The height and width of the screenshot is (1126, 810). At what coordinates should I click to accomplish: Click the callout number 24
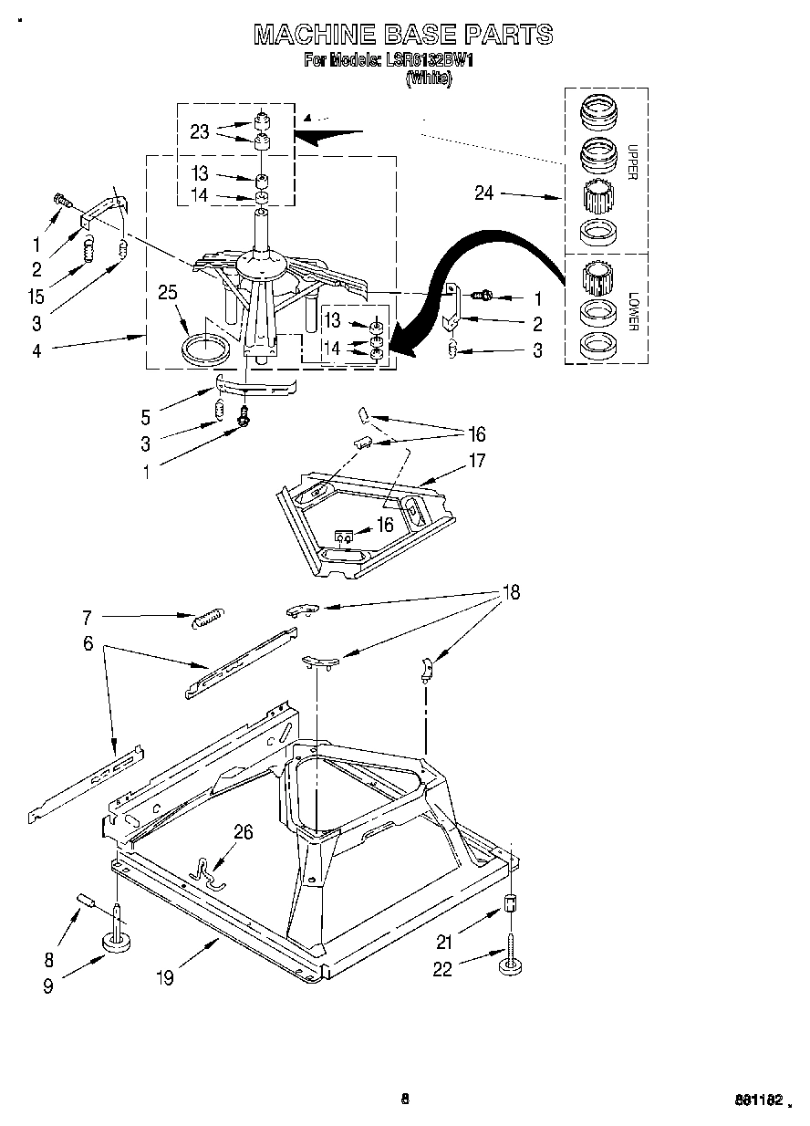pyautogui.click(x=484, y=193)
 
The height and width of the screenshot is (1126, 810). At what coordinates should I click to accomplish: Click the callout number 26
pyautogui.click(x=244, y=831)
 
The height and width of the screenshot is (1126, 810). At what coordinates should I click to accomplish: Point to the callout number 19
pyautogui.click(x=165, y=977)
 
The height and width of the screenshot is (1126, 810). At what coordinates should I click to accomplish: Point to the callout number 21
pyautogui.click(x=443, y=943)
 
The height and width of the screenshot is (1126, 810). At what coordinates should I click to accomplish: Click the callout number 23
pyautogui.click(x=200, y=131)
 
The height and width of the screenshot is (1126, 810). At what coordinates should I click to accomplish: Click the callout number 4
pyautogui.click(x=37, y=349)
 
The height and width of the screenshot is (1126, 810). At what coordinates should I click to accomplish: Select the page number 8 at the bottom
pyautogui.click(x=405, y=1099)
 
